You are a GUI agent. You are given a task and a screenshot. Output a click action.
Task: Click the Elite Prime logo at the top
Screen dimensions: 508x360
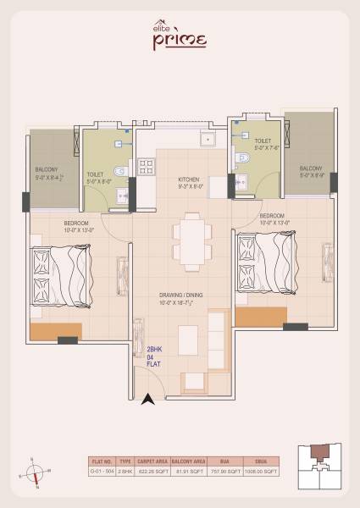180,36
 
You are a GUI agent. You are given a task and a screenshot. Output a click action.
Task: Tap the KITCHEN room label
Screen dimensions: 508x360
189,180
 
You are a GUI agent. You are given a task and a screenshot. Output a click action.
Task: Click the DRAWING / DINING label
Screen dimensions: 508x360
183,295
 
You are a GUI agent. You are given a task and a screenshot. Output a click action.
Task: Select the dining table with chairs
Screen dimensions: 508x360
192,240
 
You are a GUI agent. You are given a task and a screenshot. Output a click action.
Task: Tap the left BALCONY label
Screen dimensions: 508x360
47,169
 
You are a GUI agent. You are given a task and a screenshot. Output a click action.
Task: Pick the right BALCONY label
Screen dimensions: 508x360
311,168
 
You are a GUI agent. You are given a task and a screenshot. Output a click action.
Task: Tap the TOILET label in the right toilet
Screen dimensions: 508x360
263,142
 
